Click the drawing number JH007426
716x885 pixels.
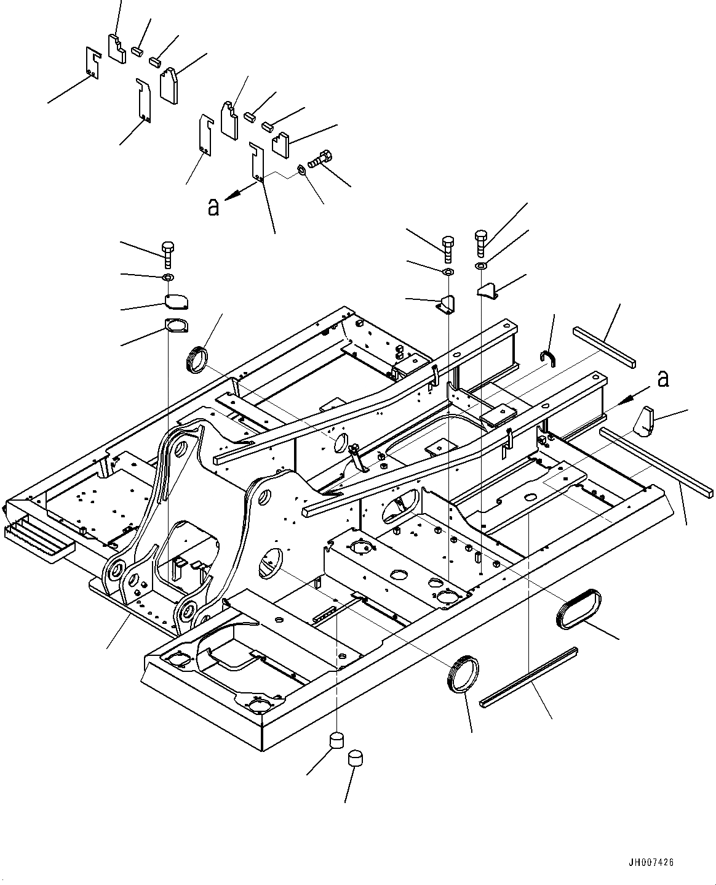point(651,862)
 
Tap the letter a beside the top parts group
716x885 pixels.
point(213,206)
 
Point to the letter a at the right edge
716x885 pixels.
point(663,378)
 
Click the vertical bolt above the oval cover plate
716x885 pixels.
point(168,255)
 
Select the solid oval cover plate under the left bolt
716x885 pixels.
point(177,302)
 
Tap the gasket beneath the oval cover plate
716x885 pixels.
point(177,325)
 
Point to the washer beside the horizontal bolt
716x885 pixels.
point(301,170)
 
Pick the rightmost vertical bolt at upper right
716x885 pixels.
point(481,244)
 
